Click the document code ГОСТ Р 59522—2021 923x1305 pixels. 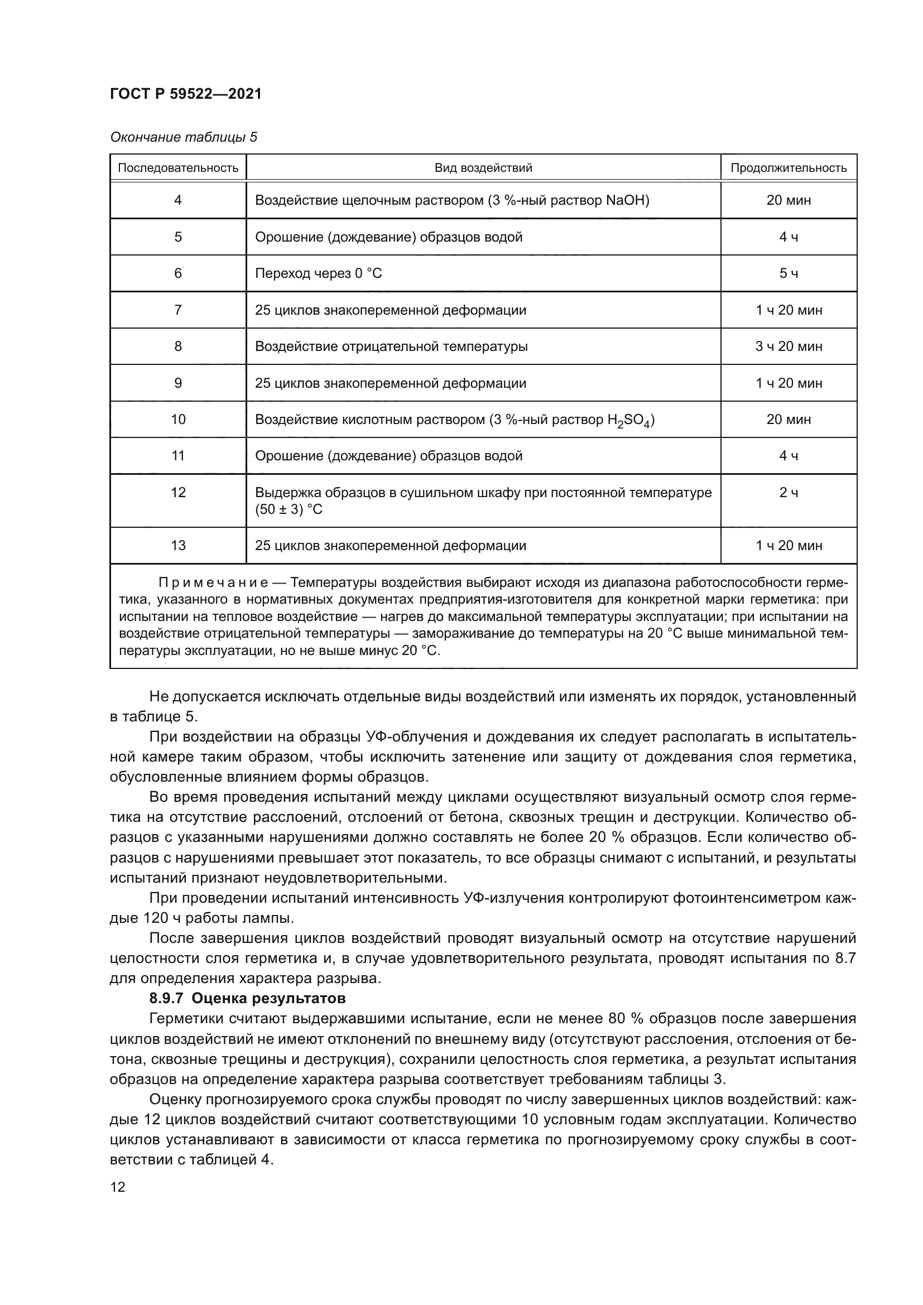(185, 94)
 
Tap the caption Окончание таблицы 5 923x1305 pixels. (183, 138)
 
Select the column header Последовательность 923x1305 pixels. (177, 168)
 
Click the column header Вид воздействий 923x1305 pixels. (483, 168)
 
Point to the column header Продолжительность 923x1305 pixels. (789, 168)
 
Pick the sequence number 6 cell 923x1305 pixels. (178, 274)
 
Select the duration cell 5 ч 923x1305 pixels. (789, 274)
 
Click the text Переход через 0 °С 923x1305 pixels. (318, 274)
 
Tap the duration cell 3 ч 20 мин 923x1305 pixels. (789, 346)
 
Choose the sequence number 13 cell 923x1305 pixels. (178, 546)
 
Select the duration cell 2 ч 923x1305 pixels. (789, 493)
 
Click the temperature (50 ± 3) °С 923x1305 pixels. (289, 510)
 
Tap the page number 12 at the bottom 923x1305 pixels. (118, 1187)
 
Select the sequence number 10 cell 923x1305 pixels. (178, 420)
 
